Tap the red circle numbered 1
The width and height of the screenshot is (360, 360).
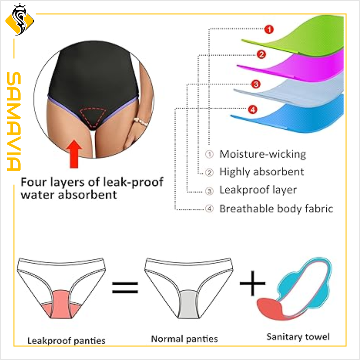(268, 30)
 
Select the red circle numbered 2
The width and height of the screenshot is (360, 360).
(262, 54)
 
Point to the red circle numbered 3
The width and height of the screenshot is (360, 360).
(256, 84)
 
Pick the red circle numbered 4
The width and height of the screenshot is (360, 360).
(252, 109)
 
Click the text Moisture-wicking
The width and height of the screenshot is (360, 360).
(262, 154)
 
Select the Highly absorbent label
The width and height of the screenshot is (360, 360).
(261, 172)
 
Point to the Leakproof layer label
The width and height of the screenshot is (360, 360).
(258, 190)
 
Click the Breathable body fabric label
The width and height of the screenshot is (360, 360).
(276, 208)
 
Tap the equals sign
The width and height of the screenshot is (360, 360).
(125, 288)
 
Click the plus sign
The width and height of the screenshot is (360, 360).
(252, 282)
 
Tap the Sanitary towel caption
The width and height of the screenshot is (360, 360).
(298, 336)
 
